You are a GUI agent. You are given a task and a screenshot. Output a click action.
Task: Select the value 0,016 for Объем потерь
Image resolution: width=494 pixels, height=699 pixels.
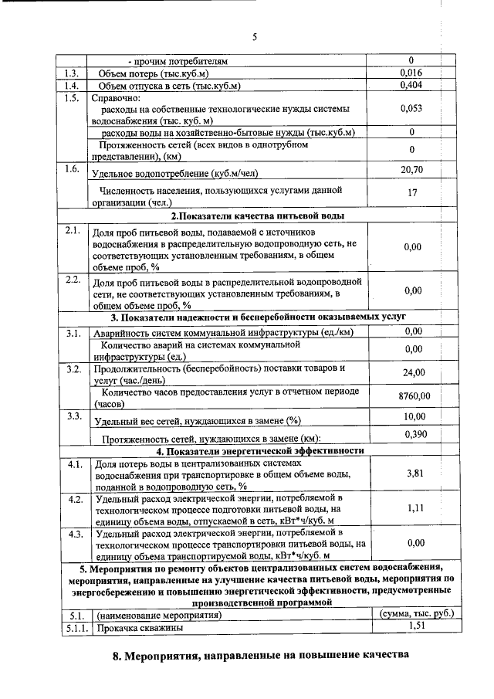coord(411,73)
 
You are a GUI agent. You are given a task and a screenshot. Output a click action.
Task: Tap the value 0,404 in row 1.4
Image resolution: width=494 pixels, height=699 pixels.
coord(411,85)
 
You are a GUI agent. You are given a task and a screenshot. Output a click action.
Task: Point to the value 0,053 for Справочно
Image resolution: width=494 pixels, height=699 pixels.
coord(411,109)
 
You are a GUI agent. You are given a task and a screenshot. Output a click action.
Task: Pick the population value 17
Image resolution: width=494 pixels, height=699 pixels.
coord(412,195)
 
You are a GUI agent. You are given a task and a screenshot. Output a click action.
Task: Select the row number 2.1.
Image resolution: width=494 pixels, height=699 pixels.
coord(73,231)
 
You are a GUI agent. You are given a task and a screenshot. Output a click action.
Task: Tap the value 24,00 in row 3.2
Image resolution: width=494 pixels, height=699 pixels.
coord(414,373)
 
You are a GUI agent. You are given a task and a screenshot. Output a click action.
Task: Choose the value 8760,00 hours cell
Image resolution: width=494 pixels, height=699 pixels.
coord(414,396)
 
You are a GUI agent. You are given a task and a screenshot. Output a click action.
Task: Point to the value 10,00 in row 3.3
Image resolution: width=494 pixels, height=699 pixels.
coord(414,417)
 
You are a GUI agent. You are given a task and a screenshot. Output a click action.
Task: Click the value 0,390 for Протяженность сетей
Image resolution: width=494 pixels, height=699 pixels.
coord(414,435)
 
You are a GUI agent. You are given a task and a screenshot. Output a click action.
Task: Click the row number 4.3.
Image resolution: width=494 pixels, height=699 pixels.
coord(75,534)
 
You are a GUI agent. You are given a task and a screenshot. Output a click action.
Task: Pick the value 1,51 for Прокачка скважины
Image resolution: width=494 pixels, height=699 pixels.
coord(418,627)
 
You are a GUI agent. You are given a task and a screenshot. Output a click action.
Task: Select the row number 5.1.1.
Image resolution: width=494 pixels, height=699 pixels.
coord(76,629)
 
